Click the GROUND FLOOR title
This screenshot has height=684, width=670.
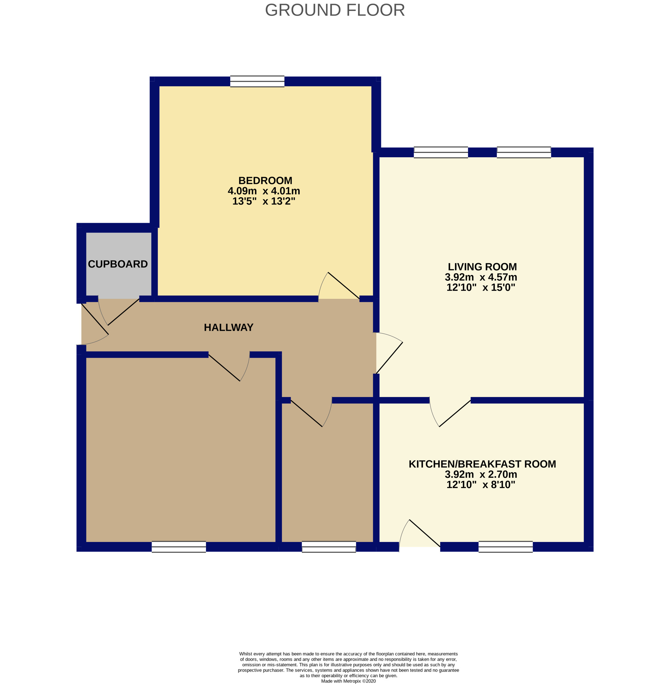335,10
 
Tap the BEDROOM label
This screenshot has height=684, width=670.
265,181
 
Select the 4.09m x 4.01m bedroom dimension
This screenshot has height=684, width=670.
264,191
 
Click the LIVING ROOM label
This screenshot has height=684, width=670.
482,267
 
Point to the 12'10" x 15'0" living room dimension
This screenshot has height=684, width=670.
481,287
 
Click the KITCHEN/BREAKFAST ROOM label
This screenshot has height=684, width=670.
482,464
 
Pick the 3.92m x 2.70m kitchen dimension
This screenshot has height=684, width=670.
481,474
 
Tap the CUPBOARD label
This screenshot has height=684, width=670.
118,264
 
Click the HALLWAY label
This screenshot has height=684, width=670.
229,327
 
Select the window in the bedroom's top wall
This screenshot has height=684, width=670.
257,81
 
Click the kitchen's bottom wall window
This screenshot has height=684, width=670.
505,547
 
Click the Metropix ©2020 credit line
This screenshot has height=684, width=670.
348,681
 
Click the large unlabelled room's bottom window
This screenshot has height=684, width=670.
179,547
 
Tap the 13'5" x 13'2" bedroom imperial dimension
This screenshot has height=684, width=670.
264,201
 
